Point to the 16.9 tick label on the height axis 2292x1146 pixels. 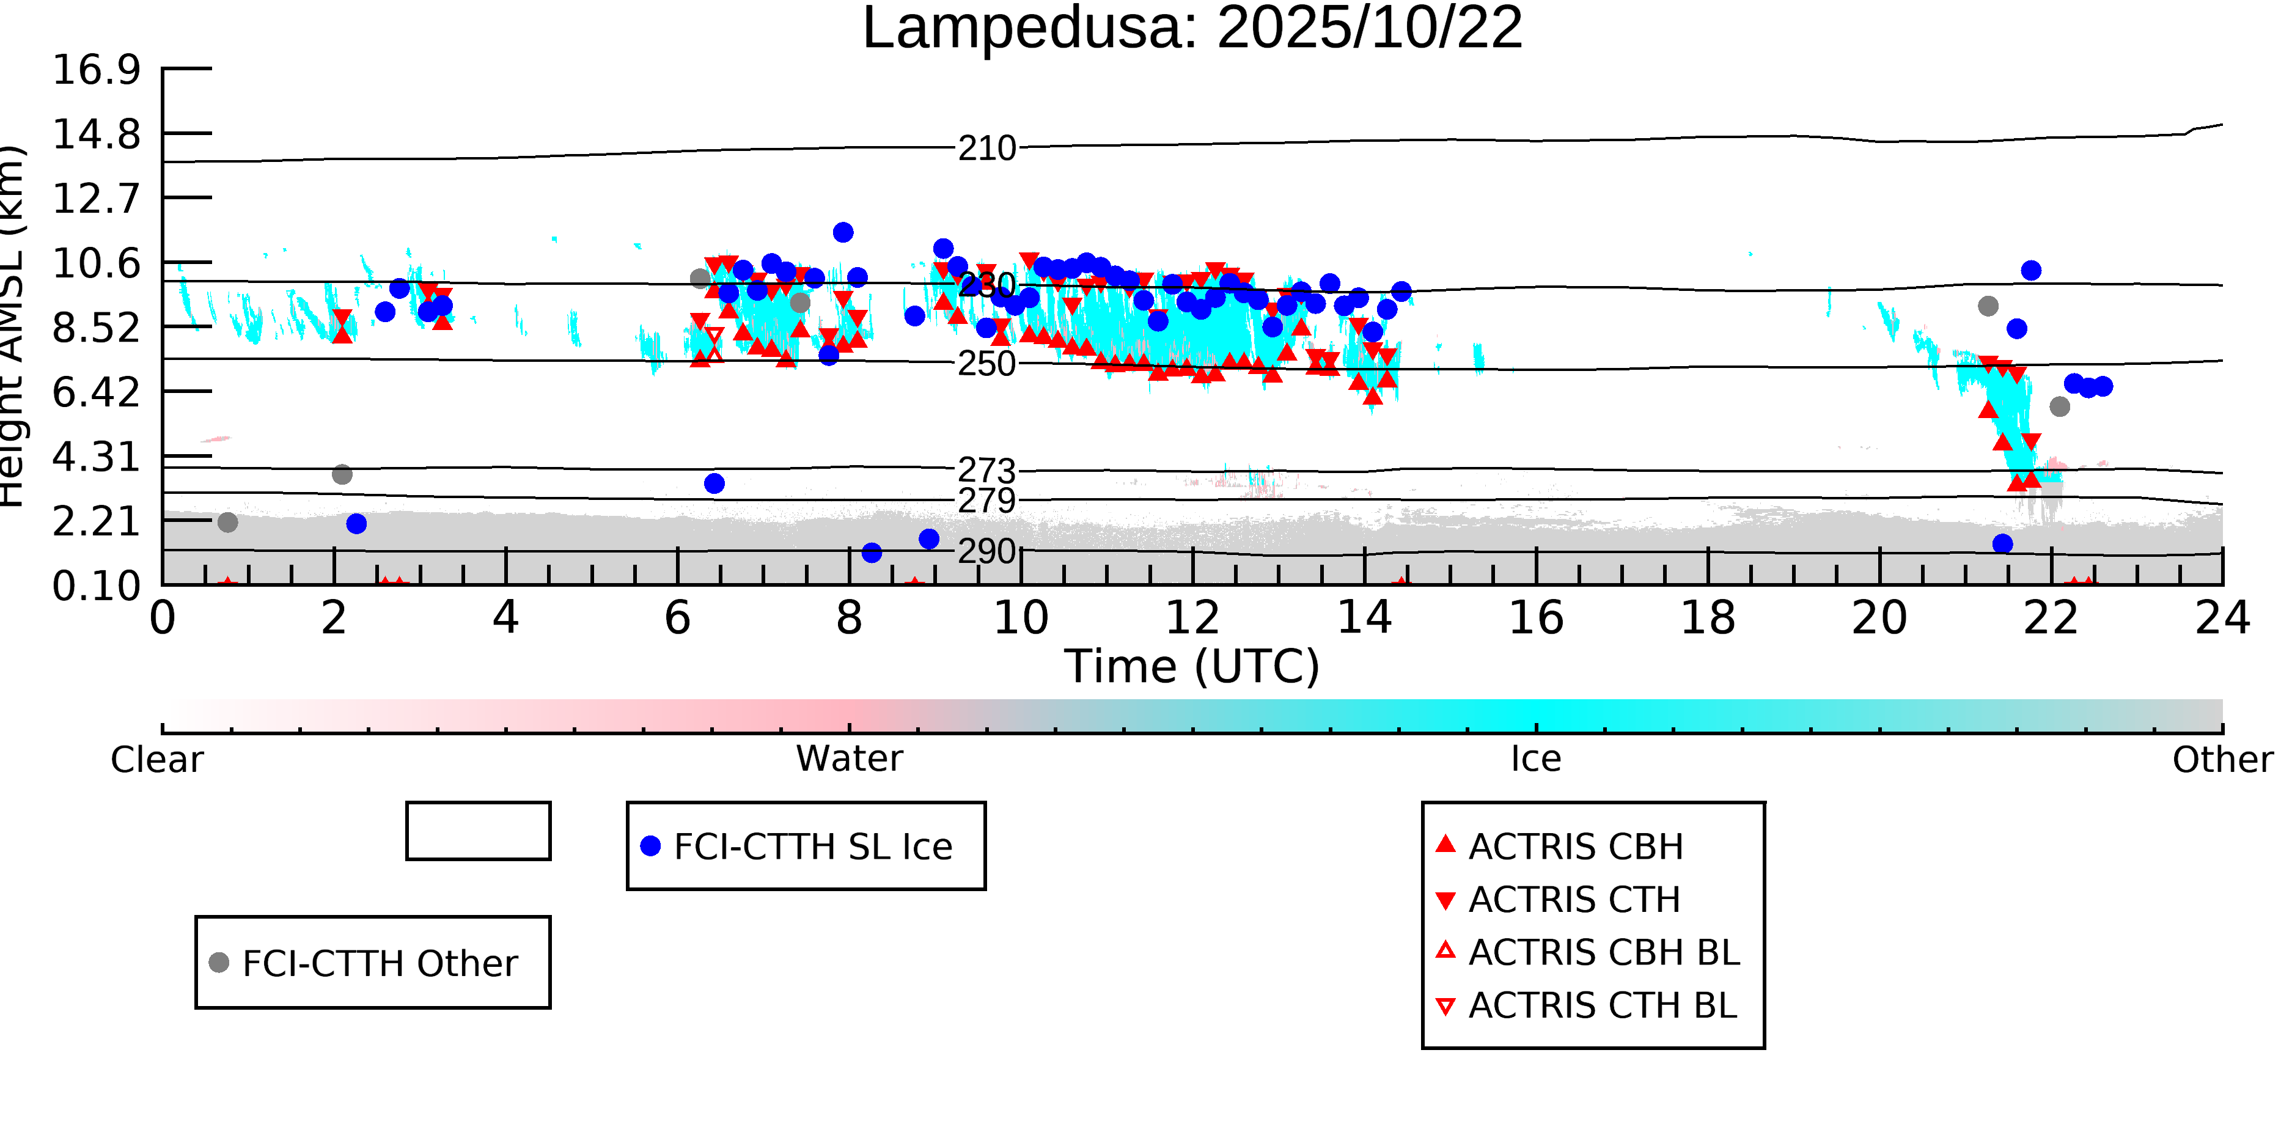point(96,70)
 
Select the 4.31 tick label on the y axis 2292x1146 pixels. point(96,457)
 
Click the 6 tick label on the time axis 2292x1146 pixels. point(677,619)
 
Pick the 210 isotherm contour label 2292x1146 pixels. point(986,149)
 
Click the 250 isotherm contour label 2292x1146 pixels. point(986,364)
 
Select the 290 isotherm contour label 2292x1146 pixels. point(986,552)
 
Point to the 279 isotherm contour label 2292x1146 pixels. point(986,501)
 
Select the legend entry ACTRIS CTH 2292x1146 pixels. point(1573,900)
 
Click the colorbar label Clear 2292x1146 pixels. point(156,760)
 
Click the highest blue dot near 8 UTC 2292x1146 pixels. point(843,232)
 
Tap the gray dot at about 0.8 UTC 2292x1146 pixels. point(228,523)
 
